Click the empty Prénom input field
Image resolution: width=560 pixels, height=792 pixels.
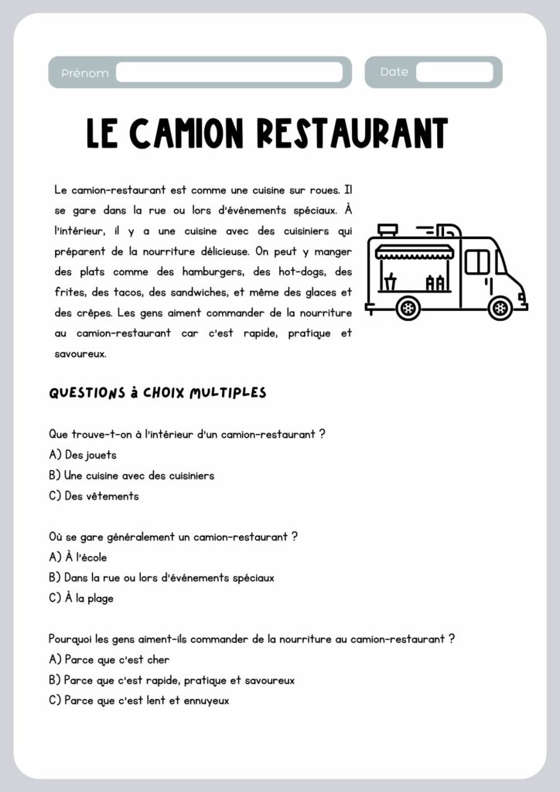[x=229, y=73]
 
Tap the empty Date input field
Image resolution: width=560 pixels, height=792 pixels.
[x=454, y=73]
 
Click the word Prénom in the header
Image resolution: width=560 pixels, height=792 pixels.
[x=85, y=73]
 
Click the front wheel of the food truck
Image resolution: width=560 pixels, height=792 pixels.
[x=500, y=307]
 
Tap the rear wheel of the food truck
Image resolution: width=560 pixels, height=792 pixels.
[x=408, y=307]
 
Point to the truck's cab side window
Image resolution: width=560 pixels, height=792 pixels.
[x=477, y=261]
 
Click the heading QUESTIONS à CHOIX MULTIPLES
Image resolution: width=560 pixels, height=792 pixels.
[x=158, y=393]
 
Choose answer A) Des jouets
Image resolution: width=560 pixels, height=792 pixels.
[x=83, y=455]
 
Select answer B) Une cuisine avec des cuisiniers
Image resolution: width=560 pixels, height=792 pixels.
[x=131, y=476]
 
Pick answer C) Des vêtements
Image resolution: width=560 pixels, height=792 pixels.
[x=94, y=497]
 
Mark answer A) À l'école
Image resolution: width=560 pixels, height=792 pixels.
[x=78, y=557]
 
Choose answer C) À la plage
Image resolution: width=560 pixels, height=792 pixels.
[x=81, y=598]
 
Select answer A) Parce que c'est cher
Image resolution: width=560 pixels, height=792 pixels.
[x=109, y=660]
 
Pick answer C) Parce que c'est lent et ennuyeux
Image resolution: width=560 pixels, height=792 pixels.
[x=138, y=701]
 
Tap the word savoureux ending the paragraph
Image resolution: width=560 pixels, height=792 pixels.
[x=80, y=354]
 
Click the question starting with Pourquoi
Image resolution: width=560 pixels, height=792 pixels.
[x=251, y=639]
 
